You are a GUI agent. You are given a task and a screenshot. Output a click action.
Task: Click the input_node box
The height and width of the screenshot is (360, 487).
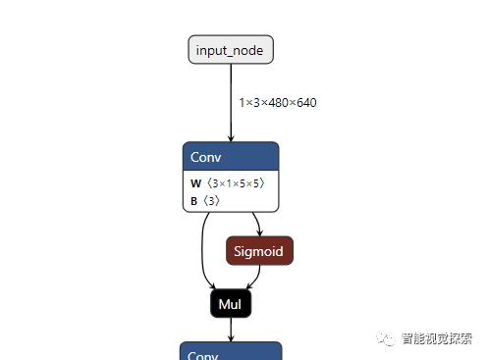[x=230, y=50]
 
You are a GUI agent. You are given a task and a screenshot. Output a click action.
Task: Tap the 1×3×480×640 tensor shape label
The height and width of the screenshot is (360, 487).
[x=277, y=102]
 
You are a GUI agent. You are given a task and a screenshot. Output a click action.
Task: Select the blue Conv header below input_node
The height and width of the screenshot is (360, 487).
[x=231, y=157]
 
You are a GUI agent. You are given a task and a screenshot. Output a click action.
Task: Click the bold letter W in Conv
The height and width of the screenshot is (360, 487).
[x=195, y=183]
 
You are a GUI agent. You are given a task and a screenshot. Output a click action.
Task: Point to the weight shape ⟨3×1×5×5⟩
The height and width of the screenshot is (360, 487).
[x=235, y=183]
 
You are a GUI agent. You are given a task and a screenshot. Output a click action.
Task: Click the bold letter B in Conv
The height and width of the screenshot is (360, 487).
[x=194, y=200]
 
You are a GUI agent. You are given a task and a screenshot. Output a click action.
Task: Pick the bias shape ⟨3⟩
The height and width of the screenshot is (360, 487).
[x=211, y=200]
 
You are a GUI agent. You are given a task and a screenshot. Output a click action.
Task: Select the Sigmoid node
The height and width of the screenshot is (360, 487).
[x=259, y=251]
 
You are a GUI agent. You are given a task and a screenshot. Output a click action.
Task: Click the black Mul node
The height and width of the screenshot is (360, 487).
[x=231, y=304]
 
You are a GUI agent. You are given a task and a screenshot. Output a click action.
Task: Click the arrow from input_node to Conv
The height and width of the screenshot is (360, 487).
[x=231, y=103]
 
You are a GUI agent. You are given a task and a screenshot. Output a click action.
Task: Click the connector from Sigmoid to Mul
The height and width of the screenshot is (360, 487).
[x=253, y=278]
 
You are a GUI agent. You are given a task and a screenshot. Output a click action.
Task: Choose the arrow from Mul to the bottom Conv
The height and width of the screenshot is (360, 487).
[x=231, y=330]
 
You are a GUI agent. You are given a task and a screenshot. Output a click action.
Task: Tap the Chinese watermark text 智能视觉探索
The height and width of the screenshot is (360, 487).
[x=437, y=340]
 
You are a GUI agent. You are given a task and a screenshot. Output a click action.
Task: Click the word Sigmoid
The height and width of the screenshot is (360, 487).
[x=259, y=251]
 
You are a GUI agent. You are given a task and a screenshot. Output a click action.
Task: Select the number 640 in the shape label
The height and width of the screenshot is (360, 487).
[x=305, y=102]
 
